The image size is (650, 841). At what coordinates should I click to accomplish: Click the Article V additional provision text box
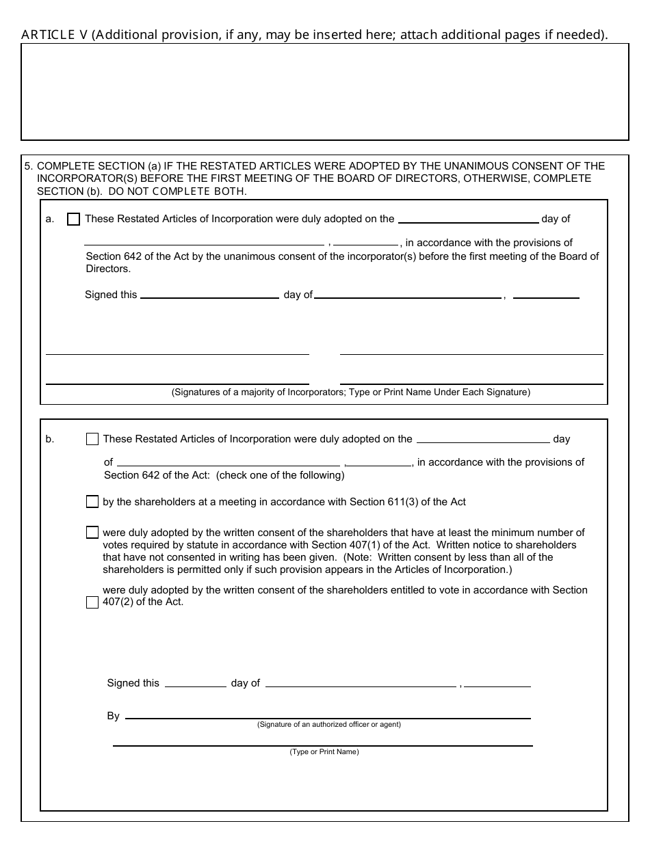[325, 92]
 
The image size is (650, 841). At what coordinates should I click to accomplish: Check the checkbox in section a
[74, 219]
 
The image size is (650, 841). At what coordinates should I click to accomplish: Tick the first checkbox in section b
[92, 440]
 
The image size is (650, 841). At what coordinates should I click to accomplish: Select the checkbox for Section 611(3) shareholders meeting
[92, 502]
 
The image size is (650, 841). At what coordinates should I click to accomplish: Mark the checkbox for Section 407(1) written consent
[92, 533]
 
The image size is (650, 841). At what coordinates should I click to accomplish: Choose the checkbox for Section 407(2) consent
[92, 602]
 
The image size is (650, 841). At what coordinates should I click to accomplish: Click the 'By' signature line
[328, 715]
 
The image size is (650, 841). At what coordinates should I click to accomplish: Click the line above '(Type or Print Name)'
[322, 742]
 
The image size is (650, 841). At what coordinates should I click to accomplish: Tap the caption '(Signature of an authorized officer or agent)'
[329, 725]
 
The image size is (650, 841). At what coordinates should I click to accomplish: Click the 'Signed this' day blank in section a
[209, 295]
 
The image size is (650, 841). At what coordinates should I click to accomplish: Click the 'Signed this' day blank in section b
[196, 682]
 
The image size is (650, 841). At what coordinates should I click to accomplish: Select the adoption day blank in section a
[468, 219]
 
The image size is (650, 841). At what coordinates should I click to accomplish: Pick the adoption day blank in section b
[483, 439]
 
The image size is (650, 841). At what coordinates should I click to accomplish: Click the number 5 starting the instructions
[27, 166]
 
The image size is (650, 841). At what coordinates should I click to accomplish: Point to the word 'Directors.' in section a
[108, 269]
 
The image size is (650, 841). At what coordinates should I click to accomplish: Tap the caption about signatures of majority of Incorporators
[350, 392]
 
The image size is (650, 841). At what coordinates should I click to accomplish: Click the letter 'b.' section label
[50, 440]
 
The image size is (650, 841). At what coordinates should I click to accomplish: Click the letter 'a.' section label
[49, 219]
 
